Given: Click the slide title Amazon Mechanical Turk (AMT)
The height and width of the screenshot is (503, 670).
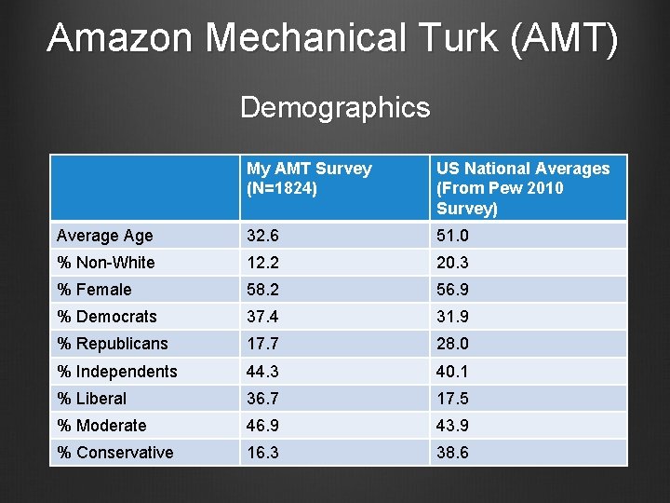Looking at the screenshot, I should click(332, 39).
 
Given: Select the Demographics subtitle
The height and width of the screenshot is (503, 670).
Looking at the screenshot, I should click(335, 108).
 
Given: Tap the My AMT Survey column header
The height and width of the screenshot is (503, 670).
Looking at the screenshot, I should click(309, 178).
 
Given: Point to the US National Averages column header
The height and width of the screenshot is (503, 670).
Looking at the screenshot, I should click(523, 188).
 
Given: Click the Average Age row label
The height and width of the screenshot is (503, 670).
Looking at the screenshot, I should click(105, 236).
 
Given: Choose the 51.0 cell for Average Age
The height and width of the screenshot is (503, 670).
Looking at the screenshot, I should click(455, 236).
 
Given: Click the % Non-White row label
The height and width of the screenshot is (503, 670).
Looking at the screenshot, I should click(106, 263).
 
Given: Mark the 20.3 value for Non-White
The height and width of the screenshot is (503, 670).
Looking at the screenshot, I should click(455, 263).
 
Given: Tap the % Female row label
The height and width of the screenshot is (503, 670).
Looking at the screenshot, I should click(95, 290).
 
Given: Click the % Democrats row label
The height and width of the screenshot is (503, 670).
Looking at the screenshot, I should click(107, 317).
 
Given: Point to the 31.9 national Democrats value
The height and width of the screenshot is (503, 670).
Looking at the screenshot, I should click(455, 317).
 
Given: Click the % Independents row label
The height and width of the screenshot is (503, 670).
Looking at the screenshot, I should click(117, 372).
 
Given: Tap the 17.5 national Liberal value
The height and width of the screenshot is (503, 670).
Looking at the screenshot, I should click(455, 399).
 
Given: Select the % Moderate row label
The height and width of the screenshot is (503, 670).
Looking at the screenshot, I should click(102, 426).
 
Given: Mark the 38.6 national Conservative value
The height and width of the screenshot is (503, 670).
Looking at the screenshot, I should click(455, 453).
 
